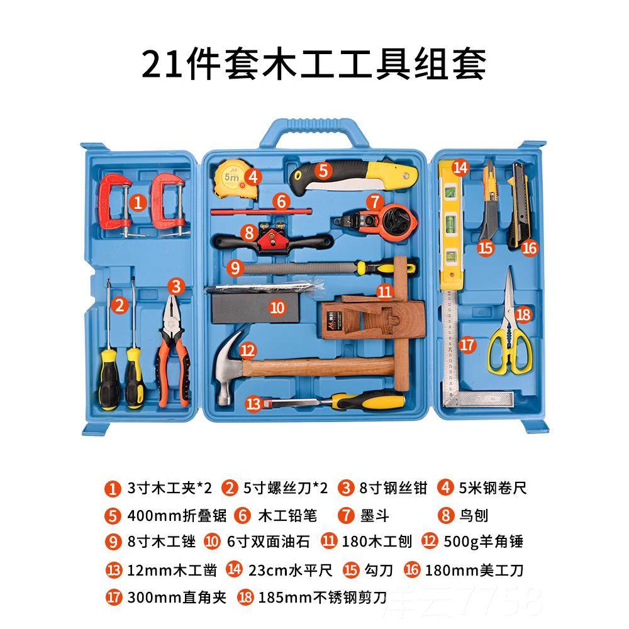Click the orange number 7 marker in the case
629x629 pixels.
(374, 202)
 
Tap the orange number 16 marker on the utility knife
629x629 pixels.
(530, 248)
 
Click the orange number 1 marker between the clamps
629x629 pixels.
(139, 202)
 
